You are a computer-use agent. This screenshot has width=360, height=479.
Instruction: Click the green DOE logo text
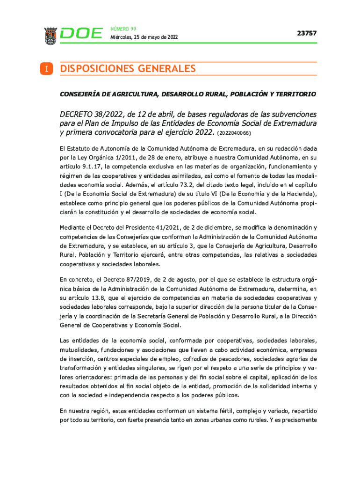(x=81, y=34)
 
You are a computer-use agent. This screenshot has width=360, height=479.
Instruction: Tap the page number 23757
(x=307, y=33)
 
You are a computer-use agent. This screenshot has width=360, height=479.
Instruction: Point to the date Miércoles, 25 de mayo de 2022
(x=144, y=37)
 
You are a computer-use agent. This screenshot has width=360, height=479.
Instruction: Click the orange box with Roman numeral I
(x=47, y=69)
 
